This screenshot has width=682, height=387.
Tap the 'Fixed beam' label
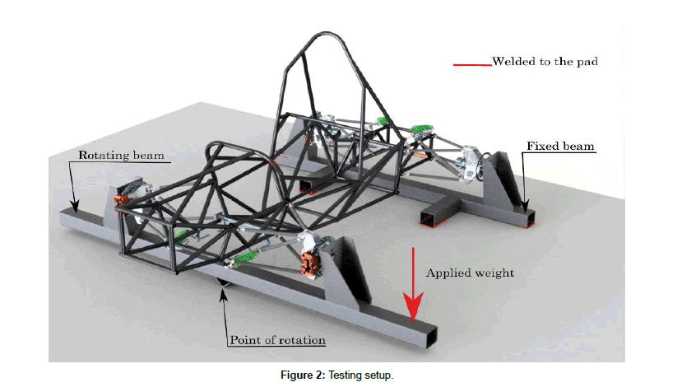coord(559,147)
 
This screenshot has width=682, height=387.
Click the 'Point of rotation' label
coord(276,339)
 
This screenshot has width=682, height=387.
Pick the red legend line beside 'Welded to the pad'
coord(471,63)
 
